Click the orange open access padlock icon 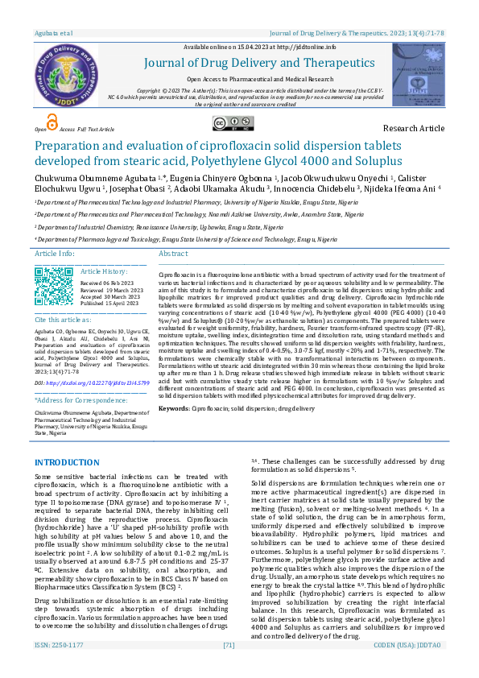(52, 122)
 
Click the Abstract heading (174, 254)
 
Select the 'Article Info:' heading (55, 254)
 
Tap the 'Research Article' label (413, 128)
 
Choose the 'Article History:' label (104, 272)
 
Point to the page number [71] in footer (229, 668)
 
